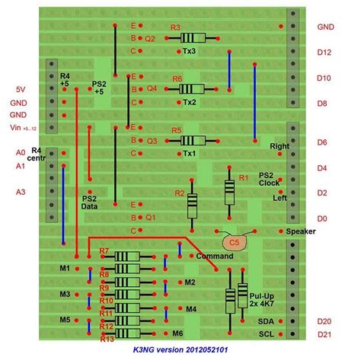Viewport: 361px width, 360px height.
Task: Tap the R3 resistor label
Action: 175,28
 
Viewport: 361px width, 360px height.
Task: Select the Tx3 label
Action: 190,51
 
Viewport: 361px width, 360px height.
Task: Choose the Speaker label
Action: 301,231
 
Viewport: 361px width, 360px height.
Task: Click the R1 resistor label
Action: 244,177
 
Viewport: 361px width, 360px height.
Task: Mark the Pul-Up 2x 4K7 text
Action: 261,298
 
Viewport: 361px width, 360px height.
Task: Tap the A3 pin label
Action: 21,192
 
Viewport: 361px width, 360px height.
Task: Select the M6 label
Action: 177,333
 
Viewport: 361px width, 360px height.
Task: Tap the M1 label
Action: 64,269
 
